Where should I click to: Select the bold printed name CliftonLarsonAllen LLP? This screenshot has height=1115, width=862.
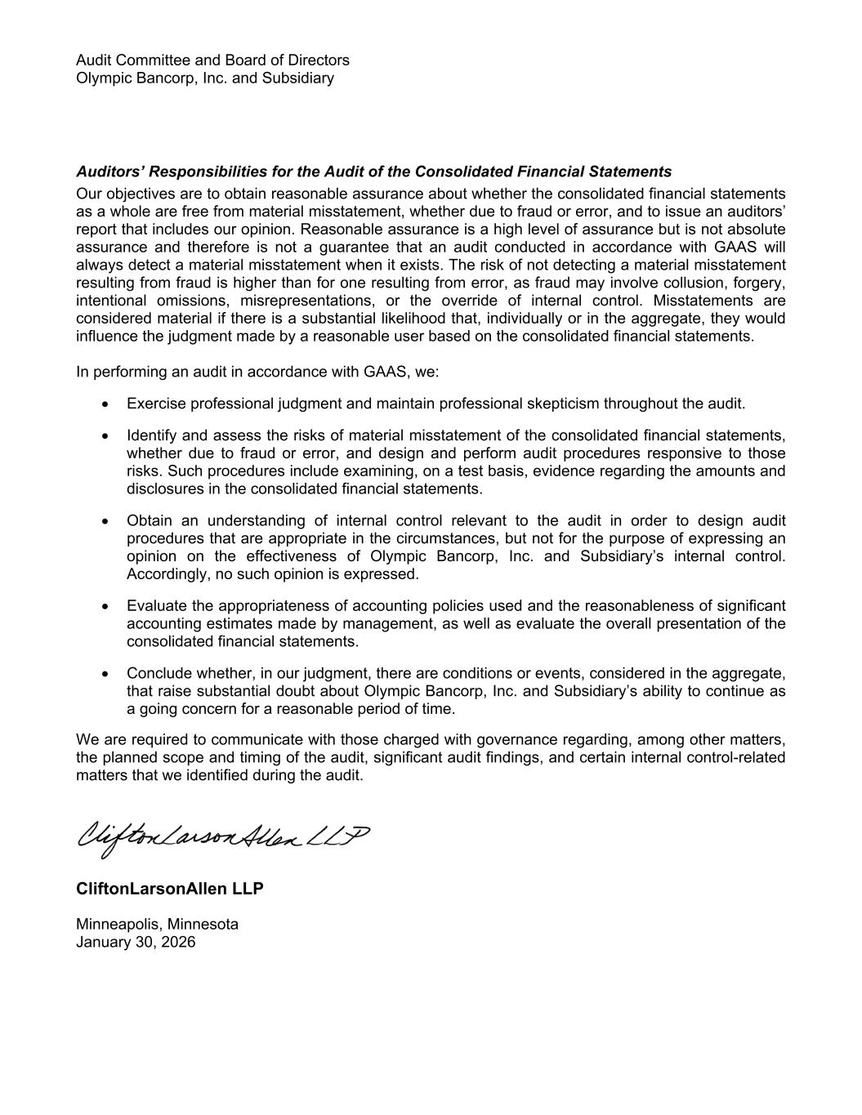pos(170,889)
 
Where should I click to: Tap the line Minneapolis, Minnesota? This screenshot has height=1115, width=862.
pos(158,925)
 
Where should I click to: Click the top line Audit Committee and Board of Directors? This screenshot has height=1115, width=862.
pos(212,60)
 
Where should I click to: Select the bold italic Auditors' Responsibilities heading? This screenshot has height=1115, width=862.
pos(373,172)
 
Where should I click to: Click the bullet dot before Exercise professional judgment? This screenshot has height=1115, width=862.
pos(105,404)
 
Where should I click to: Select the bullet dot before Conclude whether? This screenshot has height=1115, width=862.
pos(105,674)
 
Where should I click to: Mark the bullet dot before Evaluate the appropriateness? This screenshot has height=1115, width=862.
pos(105,607)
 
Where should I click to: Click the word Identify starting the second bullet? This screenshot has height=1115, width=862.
pos(152,436)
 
